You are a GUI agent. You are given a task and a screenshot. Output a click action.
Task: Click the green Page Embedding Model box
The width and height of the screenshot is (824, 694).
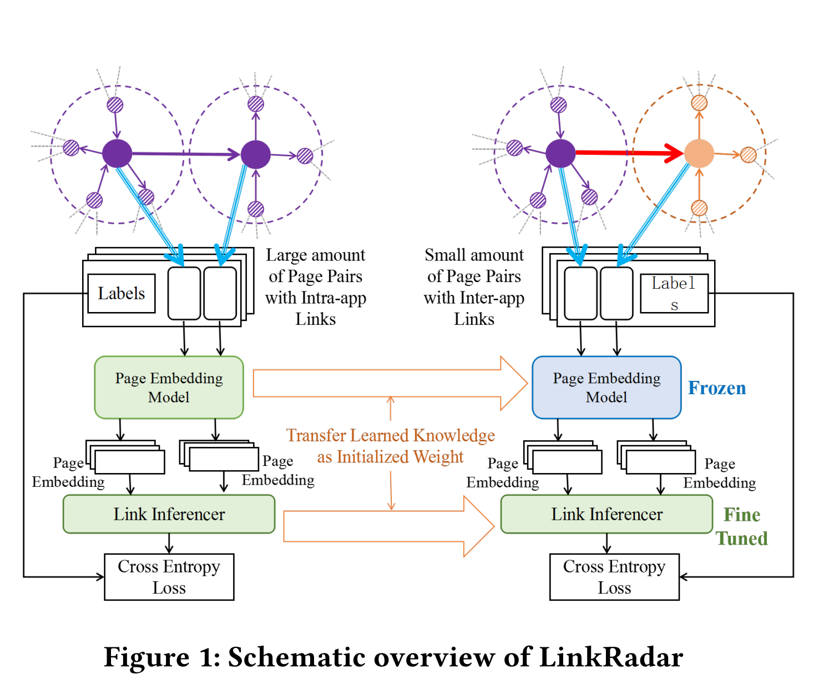tap(169, 388)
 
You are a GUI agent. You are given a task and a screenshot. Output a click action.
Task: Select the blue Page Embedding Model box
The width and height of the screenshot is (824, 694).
tap(606, 388)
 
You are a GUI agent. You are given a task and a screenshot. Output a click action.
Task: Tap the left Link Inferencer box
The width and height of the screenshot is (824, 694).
tap(169, 514)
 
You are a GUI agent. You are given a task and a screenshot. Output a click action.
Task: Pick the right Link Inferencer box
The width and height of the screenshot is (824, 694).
tap(606, 514)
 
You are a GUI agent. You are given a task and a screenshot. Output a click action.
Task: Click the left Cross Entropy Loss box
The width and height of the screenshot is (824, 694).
tap(169, 577)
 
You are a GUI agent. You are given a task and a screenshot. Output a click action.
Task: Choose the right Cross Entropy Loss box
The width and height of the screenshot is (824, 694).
tap(614, 577)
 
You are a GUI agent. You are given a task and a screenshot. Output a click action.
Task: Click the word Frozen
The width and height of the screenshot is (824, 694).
tap(717, 388)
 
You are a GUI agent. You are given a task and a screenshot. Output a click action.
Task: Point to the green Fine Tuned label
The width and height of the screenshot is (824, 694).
tap(742, 526)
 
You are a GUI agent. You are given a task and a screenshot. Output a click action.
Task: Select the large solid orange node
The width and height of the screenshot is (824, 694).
tap(699, 153)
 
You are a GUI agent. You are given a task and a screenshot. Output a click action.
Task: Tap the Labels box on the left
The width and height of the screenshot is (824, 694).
tap(122, 293)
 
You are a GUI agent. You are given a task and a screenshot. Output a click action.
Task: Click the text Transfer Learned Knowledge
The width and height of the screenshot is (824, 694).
tap(391, 435)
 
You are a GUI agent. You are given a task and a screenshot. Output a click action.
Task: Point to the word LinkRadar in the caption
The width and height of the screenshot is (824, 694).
tap(611, 657)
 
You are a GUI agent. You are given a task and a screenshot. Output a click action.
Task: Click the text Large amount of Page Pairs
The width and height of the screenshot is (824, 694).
tap(315, 265)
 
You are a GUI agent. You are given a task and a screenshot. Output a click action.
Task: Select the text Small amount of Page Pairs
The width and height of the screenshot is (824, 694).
tap(474, 265)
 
